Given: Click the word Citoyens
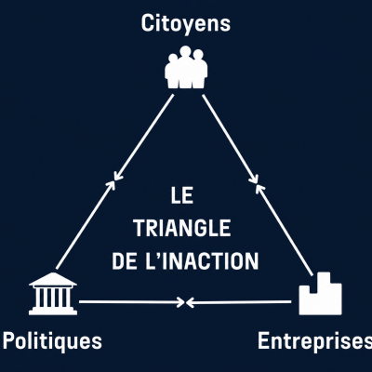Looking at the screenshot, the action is point(186,24).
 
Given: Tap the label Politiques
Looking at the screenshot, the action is point(52,341).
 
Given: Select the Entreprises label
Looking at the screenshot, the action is point(315,341).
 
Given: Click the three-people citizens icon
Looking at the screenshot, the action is point(186,67).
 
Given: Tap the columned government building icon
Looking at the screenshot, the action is point(53,294).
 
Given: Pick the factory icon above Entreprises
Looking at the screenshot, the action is point(320,294).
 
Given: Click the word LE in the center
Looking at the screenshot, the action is point(182,195).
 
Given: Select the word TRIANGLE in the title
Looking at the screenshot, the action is point(182,228).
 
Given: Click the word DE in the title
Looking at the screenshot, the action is point(124,261).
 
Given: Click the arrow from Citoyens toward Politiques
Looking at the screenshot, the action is point(143,138).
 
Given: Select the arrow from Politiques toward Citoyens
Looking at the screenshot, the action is point(86,225).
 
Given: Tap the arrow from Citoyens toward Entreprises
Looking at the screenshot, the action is point(231,139).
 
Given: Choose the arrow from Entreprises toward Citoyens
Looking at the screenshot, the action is point(285,230).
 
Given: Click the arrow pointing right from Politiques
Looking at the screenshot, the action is point(132,301).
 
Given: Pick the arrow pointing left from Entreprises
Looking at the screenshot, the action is point(239,302).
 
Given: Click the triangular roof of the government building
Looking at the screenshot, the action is point(53,279).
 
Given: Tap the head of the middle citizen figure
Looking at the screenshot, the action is point(185,51).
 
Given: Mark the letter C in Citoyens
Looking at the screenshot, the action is point(147,23).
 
